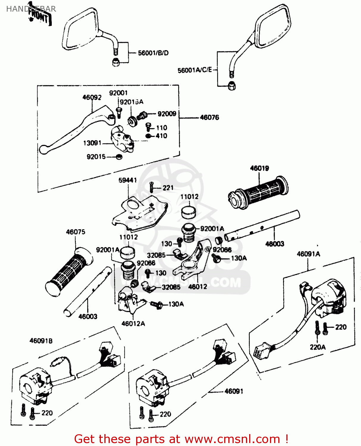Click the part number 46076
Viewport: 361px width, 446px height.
(209, 117)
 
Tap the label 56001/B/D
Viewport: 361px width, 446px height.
(153, 53)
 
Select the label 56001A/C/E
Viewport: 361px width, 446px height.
(195, 70)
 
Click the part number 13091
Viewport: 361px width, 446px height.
(92, 143)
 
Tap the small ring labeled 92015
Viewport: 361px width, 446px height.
(119, 157)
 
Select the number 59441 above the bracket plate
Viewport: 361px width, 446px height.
(128, 180)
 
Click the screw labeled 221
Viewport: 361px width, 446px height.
(151, 187)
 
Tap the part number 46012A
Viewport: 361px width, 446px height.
(133, 323)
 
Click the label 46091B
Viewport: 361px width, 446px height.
(41, 341)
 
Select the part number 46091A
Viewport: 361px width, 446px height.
(308, 254)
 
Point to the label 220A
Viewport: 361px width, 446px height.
(318, 347)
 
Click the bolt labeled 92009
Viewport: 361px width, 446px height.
(143, 114)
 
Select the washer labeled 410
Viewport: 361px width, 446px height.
(148, 136)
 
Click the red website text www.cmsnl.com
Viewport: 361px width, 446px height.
(232, 439)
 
